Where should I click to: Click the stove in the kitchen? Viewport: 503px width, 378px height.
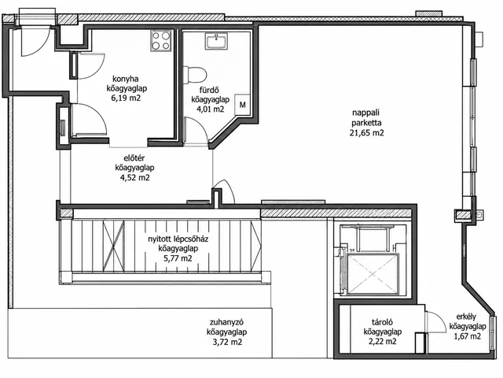161,40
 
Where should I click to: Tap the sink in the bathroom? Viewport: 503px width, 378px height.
217,41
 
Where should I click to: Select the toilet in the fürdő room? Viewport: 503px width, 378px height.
194,75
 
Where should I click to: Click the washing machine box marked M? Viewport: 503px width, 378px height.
243,105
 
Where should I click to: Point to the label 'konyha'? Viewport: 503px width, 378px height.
126,79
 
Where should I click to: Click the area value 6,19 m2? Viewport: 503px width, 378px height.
126,98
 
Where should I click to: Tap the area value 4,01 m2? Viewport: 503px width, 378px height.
211,109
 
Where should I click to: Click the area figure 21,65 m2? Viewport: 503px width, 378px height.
366,133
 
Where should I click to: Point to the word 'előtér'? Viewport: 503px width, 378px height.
134,158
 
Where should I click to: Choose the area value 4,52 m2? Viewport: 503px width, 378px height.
134,178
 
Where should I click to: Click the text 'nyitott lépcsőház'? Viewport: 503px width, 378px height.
178,239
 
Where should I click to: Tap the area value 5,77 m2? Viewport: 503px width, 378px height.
178,258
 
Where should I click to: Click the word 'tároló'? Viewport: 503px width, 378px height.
383,322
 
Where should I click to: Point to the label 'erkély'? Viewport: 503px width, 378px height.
466,317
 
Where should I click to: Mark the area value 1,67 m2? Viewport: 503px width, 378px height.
467,336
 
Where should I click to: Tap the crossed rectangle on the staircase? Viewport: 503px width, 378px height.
113,245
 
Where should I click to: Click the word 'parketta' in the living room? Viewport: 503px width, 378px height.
366,123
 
